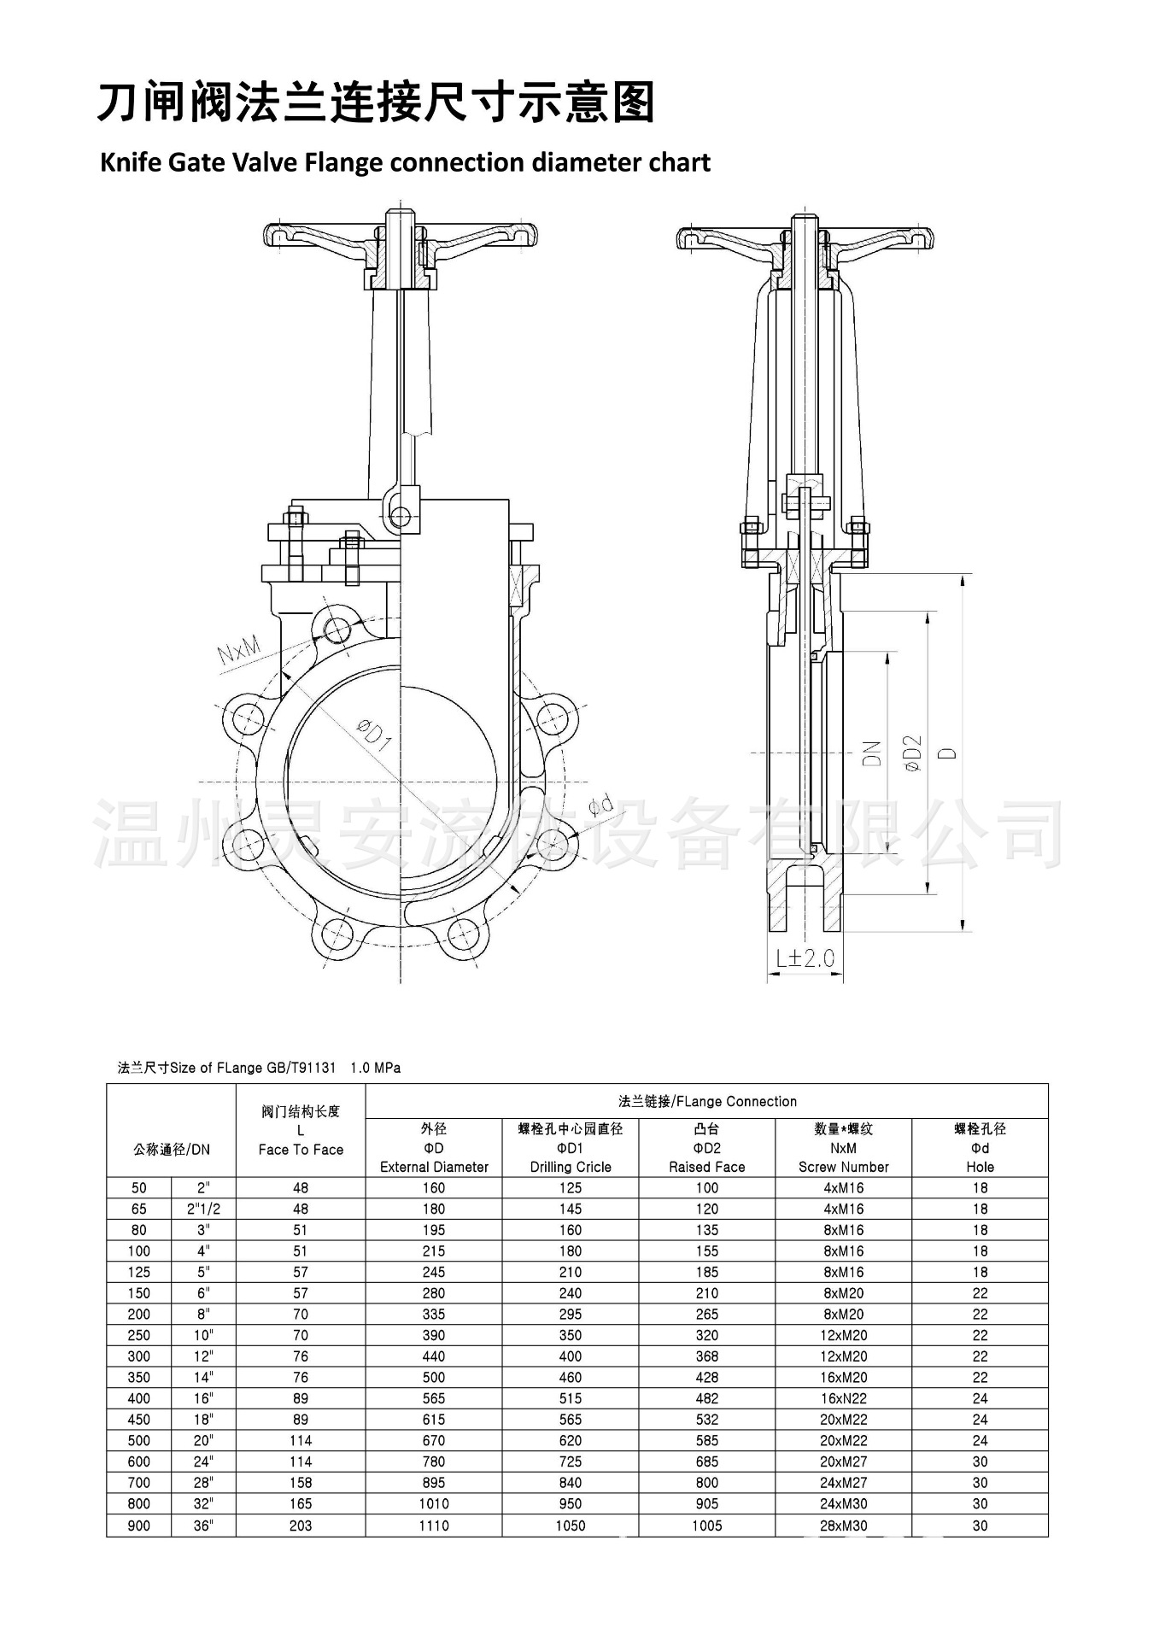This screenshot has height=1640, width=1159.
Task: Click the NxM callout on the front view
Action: point(238,652)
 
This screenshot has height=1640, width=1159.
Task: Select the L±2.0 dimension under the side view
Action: point(805,958)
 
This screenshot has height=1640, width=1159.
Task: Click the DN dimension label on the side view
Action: point(871,753)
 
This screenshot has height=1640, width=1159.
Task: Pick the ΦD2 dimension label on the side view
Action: point(913,753)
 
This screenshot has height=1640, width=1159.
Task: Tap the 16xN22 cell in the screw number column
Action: point(844,1398)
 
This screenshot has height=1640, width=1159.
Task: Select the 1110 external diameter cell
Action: point(434,1525)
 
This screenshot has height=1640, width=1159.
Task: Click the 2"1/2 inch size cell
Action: point(203,1209)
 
